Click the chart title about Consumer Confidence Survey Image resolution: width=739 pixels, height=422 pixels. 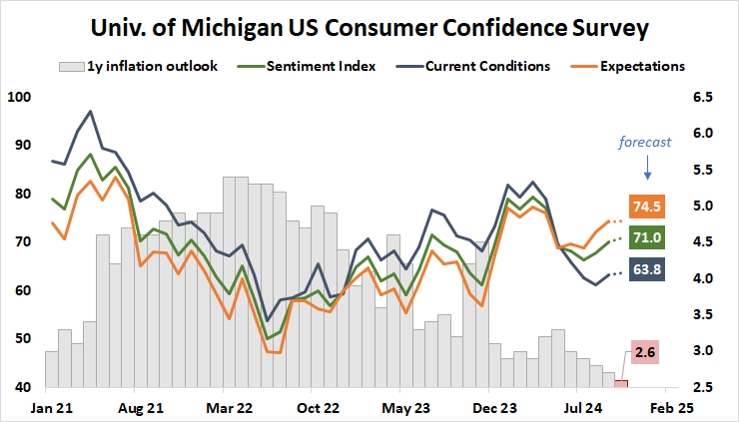coord(369,27)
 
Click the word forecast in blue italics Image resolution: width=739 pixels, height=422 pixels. coord(645,142)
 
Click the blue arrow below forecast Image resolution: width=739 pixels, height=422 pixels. coord(645,166)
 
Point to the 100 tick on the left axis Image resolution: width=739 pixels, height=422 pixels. coord(19,98)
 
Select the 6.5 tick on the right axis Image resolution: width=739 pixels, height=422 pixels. coord(703,98)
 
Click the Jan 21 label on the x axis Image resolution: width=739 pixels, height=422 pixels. coord(47,408)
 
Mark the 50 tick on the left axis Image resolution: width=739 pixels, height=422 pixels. coord(23,339)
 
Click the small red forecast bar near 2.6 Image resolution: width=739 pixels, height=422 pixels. coord(621,383)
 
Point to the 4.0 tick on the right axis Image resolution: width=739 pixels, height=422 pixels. coord(703,278)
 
